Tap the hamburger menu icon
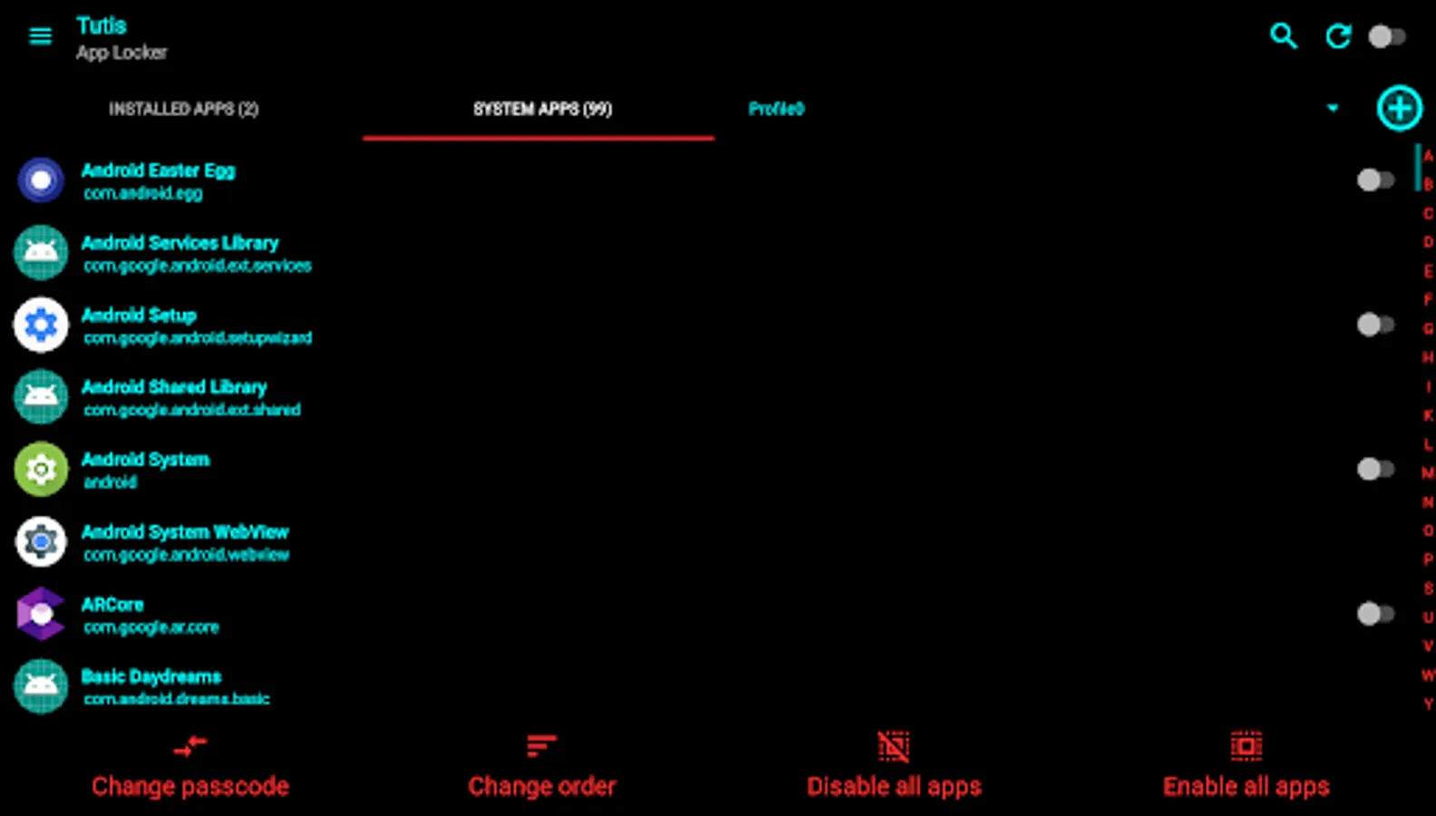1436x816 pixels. click(x=40, y=36)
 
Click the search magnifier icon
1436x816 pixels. click(x=1283, y=36)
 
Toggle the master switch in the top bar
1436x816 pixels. click(x=1386, y=36)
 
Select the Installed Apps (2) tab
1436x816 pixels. click(x=184, y=109)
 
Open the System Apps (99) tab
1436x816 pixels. click(x=542, y=109)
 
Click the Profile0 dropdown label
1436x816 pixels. click(x=776, y=109)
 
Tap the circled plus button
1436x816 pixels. click(x=1399, y=109)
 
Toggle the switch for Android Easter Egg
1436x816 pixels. click(x=1374, y=180)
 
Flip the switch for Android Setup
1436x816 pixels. click(x=1374, y=325)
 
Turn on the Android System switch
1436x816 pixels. click(x=1374, y=469)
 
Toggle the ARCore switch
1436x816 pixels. click(x=1374, y=614)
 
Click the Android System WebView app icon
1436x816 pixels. click(x=41, y=541)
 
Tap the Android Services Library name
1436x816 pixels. click(x=179, y=243)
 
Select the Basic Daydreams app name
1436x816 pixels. click(x=151, y=676)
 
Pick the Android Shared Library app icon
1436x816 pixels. click(x=41, y=396)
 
